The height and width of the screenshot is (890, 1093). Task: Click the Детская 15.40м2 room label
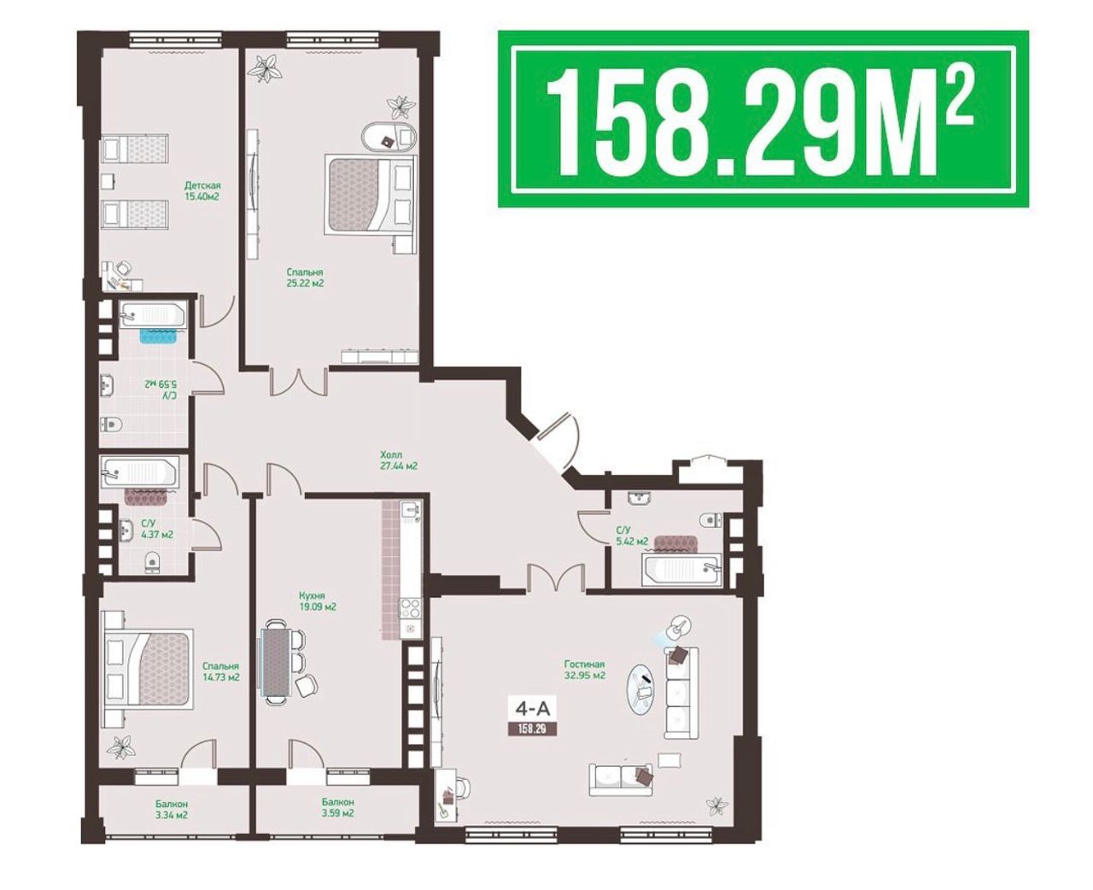(x=202, y=190)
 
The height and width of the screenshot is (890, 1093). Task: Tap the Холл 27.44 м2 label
(x=398, y=460)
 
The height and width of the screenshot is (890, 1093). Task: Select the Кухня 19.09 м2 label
(x=317, y=601)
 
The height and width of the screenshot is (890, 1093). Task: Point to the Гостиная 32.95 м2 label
(x=584, y=670)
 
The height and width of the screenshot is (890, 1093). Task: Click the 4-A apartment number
(x=532, y=709)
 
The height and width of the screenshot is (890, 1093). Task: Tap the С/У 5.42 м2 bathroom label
(x=632, y=536)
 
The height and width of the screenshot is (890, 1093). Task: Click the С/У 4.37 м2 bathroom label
(x=156, y=530)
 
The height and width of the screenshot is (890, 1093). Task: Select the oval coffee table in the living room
(x=643, y=689)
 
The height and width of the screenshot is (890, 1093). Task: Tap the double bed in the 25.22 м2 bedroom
(x=370, y=195)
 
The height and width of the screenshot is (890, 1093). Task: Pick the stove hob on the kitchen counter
(x=410, y=609)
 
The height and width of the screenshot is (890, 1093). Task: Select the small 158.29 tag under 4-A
(x=532, y=729)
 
